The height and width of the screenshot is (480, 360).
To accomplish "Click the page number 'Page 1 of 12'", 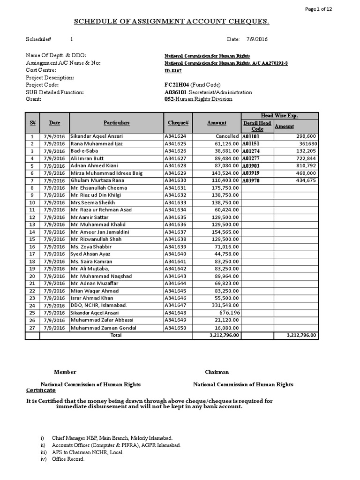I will pos(334,9).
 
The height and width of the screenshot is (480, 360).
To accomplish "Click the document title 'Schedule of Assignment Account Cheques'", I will pos(172,22).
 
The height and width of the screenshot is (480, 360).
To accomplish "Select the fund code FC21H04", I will pos(175,85).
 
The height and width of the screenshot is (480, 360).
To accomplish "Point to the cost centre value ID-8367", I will pos(173,70).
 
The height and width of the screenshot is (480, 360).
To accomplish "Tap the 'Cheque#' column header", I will pos(178,123).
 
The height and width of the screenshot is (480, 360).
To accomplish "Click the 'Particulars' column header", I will pos(116,123).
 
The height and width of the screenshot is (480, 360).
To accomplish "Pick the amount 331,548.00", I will pos(225,306).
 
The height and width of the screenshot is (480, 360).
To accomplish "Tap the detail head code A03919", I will pos(250,173).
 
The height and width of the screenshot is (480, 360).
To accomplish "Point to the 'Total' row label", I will pos(115,335).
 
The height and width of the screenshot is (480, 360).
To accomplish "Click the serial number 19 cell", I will pos(32,269).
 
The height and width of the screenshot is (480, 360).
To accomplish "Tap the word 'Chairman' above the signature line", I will pos(217,372).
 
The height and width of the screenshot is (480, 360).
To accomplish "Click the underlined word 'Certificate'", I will pos(40,390).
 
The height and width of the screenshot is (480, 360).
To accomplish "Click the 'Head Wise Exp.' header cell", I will pos(279,116).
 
